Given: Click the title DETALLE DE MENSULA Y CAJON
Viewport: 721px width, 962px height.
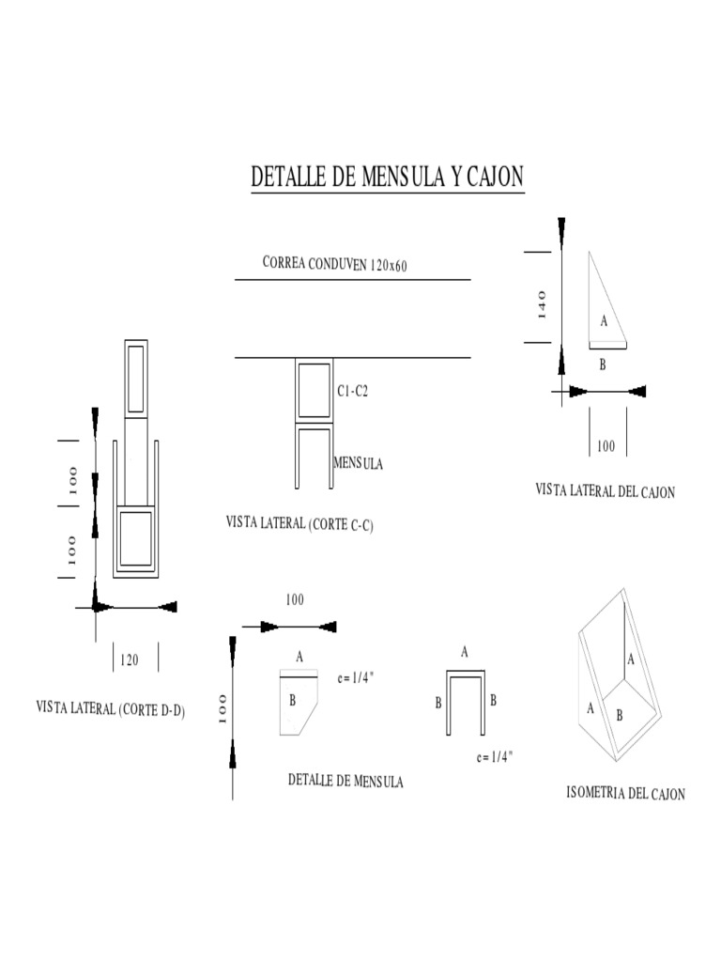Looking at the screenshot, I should (x=387, y=178).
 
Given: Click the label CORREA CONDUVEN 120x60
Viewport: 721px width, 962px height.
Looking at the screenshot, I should (x=335, y=264).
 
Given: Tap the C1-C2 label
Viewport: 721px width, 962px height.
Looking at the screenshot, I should (x=353, y=391).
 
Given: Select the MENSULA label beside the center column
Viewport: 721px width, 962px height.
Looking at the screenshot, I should (x=358, y=463).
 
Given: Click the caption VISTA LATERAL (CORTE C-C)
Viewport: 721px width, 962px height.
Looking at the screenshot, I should (x=299, y=524).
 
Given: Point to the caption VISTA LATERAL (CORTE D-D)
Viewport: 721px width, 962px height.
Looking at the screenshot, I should (x=110, y=709).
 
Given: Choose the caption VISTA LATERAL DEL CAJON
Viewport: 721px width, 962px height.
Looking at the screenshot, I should (x=605, y=490).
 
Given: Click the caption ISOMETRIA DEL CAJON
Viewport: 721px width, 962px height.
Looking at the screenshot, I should (x=625, y=794).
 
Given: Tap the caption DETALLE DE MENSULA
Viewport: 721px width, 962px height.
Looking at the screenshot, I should (x=345, y=781).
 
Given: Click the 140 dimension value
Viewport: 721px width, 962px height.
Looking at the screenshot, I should (x=542, y=304).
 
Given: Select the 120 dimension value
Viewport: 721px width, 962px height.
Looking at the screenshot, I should (x=129, y=659).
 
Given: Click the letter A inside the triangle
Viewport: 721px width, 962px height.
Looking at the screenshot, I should (x=604, y=321).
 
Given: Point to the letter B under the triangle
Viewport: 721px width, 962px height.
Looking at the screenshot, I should (x=603, y=365).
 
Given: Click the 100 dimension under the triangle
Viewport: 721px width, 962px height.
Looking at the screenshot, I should (x=606, y=446).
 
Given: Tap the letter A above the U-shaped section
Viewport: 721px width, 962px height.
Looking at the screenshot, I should (x=465, y=651).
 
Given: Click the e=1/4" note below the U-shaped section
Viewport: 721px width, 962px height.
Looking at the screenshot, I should (x=495, y=756).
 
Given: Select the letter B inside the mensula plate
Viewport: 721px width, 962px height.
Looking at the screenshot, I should (x=293, y=700).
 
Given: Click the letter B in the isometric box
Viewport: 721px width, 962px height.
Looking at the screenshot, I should (x=619, y=715).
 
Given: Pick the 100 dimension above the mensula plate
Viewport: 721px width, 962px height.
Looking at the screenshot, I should (x=295, y=599).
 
